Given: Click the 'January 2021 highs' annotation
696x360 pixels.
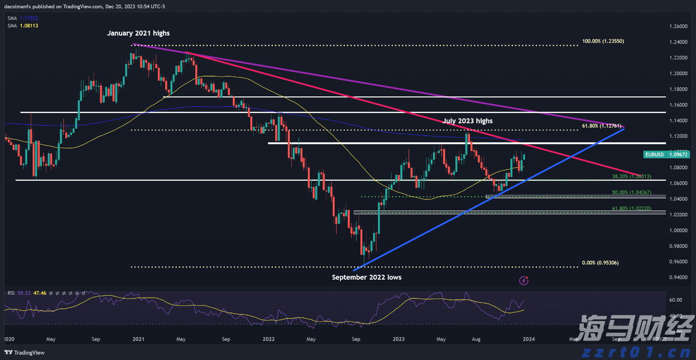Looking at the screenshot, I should pyautogui.click(x=139, y=33).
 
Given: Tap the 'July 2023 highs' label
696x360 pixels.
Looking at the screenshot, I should pyautogui.click(x=468, y=121).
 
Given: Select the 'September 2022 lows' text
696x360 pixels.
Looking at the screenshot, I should pyautogui.click(x=367, y=277).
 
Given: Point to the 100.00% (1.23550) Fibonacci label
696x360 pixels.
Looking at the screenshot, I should pyautogui.click(x=603, y=41).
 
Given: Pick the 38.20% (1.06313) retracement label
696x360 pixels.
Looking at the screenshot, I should pyautogui.click(x=632, y=176).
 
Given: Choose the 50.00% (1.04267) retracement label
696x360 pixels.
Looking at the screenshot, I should pyautogui.click(x=632, y=193).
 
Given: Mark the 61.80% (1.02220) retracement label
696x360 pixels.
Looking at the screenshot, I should pyautogui.click(x=632, y=208).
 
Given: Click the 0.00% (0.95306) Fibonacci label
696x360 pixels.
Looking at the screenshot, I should pyautogui.click(x=600, y=263).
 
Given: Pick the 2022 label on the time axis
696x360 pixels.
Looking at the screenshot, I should pyautogui.click(x=269, y=338).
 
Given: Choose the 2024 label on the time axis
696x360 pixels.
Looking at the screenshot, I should pyautogui.click(x=528, y=338).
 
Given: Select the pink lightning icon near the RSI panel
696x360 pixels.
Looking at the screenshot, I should pyautogui.click(x=524, y=280).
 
